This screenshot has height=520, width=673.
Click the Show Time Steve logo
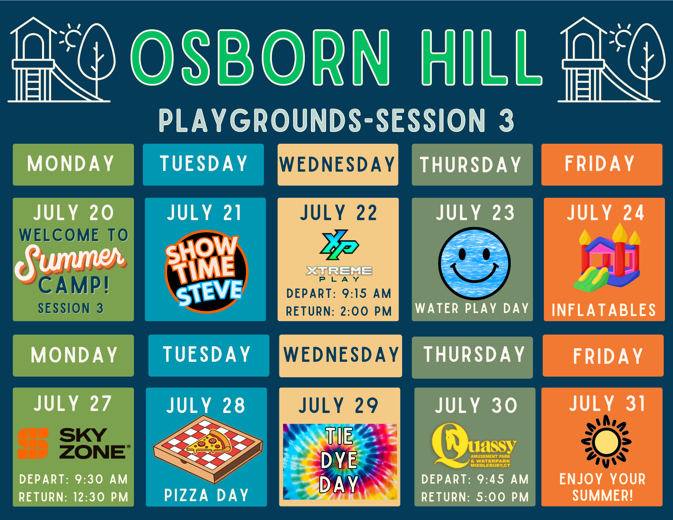tap(206, 271)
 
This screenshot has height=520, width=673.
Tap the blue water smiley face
tap(474, 264)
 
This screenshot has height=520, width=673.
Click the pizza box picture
tap(208, 449)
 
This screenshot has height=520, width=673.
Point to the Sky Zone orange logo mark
tap(33, 443)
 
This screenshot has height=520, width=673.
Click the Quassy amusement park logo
tap(474, 445)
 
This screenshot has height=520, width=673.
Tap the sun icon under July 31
tap(606, 442)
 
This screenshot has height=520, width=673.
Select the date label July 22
tap(339, 213)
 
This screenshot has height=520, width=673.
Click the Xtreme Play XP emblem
tap(339, 245)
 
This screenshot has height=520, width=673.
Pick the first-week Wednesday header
tap(338, 165)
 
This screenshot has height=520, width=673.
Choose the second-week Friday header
tap(603, 355)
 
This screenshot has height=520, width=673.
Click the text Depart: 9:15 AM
tap(339, 293)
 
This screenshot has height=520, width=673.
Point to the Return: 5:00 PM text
tap(475, 497)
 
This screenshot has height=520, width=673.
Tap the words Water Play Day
tap(472, 308)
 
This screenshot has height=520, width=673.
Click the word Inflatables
tap(604, 310)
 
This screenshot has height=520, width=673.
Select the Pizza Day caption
tap(206, 495)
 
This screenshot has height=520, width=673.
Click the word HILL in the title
tap(482, 57)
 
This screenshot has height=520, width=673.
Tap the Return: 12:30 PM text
tap(73, 497)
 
